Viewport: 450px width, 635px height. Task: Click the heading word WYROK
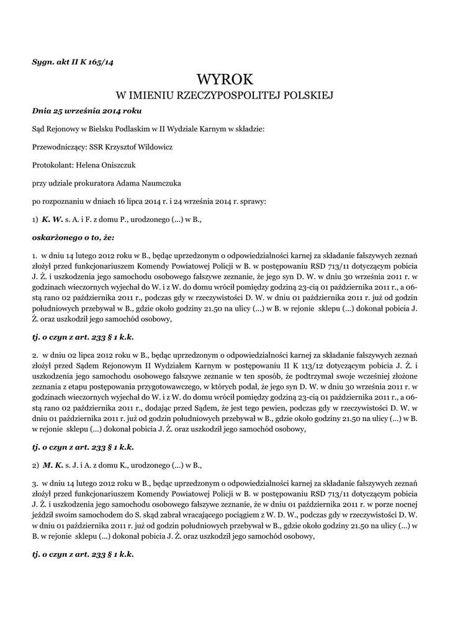225,79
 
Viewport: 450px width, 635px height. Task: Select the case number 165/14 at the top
106,62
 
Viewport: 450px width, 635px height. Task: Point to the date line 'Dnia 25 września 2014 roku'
87,111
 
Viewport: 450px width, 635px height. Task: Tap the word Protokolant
52,165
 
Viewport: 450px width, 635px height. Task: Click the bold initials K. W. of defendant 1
53,219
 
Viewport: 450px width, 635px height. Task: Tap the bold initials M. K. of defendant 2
53,464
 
